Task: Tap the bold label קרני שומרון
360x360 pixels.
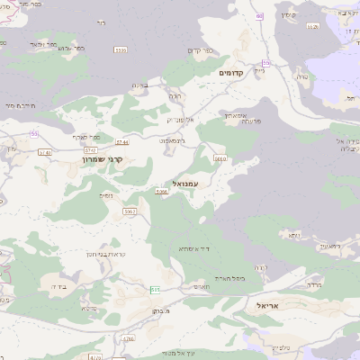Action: [113, 159]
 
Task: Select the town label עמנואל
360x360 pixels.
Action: [196, 183]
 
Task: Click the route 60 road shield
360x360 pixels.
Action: [260, 16]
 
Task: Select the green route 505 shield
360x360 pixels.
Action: [155, 289]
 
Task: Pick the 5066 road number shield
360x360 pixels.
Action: [162, 192]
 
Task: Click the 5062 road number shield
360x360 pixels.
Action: [130, 211]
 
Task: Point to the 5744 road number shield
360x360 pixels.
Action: [123, 142]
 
